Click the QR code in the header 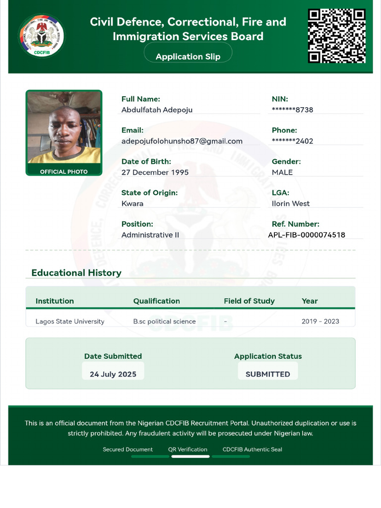[337, 36]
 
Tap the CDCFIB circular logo [42, 36]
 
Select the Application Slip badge [188, 57]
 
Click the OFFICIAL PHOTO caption [64, 172]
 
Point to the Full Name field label [140, 99]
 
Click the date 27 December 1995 [155, 172]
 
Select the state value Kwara [132, 203]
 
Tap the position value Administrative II [150, 235]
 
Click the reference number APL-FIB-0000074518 [307, 235]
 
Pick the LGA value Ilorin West [291, 203]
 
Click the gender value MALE [282, 172]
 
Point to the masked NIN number [292, 110]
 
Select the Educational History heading [76, 273]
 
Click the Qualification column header [156, 301]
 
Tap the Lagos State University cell [70, 321]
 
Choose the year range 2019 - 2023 [320, 321]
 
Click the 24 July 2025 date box [113, 374]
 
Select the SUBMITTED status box [268, 374]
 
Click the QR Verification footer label [188, 449]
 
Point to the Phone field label [284, 130]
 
